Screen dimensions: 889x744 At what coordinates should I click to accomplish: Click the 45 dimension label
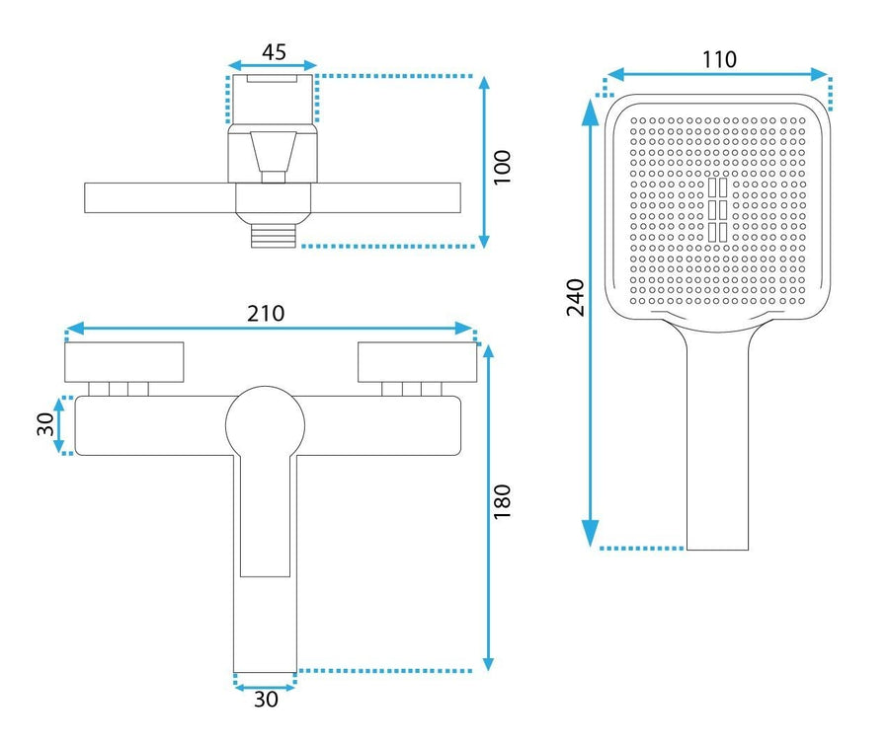pyautogui.click(x=274, y=52)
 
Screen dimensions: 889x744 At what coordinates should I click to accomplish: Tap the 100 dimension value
pyautogui.click(x=503, y=167)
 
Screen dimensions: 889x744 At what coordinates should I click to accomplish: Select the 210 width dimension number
pyautogui.click(x=266, y=313)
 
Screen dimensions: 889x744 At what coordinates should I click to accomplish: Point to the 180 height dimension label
pyautogui.click(x=503, y=501)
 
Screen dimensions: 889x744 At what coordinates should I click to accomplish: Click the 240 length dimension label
pyautogui.click(x=576, y=297)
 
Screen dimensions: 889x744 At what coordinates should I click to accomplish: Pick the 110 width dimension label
pyautogui.click(x=719, y=59)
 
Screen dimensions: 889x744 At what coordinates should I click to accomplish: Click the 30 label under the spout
pyautogui.click(x=266, y=700)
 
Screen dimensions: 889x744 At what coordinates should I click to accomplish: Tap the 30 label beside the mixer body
pyautogui.click(x=45, y=424)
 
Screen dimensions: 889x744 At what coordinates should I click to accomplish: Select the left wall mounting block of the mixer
pyautogui.click(x=124, y=362)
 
